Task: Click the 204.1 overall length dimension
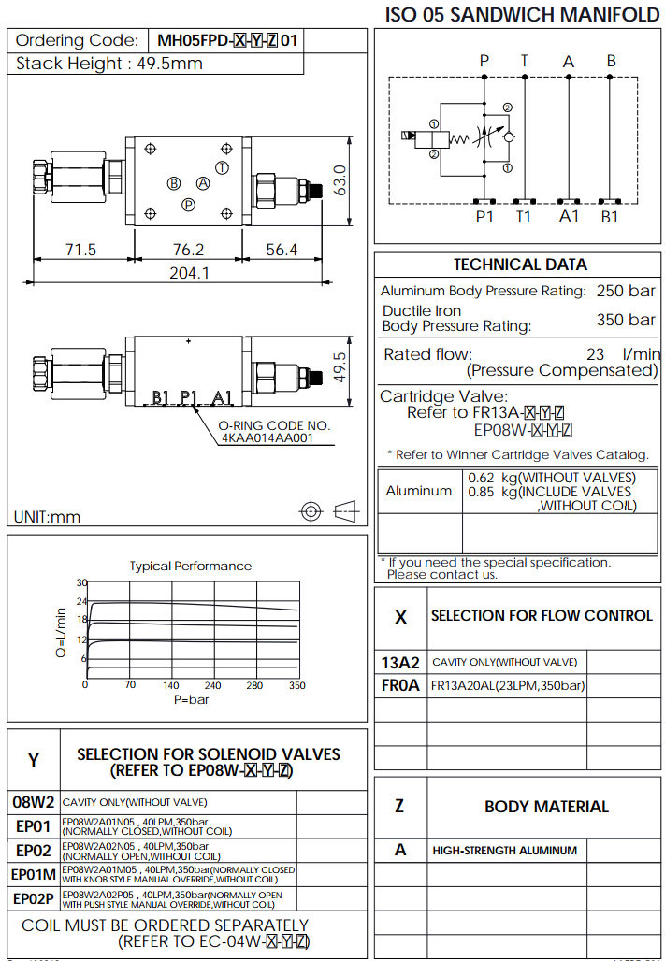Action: tap(190, 272)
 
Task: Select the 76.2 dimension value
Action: tap(188, 250)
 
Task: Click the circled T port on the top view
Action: tap(222, 167)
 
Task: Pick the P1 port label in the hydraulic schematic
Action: tap(484, 217)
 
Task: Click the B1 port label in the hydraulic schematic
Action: tap(610, 217)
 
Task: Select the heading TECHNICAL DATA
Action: tap(520, 265)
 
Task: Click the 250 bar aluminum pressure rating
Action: tap(626, 291)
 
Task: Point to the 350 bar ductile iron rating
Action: tap(626, 320)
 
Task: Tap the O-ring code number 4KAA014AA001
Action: tap(266, 437)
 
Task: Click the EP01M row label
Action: tap(34, 874)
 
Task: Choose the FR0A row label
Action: tap(400, 685)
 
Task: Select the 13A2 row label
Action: tap(400, 662)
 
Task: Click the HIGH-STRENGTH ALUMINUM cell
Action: tap(504, 851)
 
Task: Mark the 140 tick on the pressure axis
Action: tap(171, 685)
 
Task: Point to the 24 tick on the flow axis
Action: tap(81, 601)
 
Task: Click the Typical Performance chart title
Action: tap(190, 566)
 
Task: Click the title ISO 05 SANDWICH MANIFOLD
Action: tap(523, 14)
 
